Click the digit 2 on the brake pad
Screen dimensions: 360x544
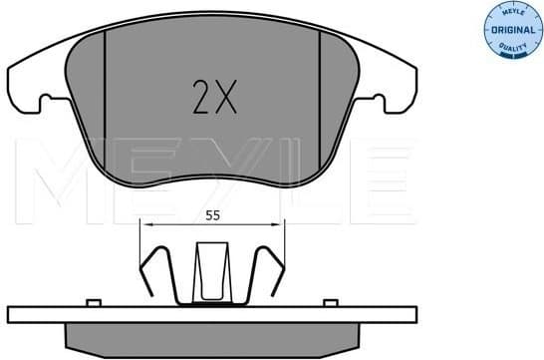(x=200, y=98)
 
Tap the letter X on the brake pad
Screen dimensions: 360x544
(x=224, y=98)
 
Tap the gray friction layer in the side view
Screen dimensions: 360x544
(x=212, y=339)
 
